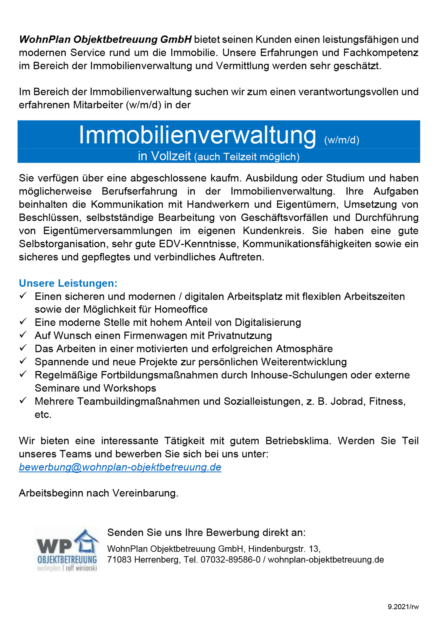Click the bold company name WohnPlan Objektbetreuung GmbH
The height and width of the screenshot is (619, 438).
(105, 39)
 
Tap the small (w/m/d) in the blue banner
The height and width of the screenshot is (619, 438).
(341, 140)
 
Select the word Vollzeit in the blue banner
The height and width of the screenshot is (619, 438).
(171, 156)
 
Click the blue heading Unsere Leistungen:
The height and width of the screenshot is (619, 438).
(68, 283)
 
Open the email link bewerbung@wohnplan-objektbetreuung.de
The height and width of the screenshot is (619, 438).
(120, 467)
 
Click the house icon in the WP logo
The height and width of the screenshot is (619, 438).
(86, 541)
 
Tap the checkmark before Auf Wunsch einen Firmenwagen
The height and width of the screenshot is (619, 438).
(23, 335)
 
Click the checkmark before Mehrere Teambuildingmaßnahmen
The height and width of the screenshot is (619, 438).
(23, 400)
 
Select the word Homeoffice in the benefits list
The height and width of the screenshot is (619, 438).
(181, 309)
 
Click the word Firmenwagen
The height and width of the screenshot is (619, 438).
(156, 336)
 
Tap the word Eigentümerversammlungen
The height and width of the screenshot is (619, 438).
(108, 231)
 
